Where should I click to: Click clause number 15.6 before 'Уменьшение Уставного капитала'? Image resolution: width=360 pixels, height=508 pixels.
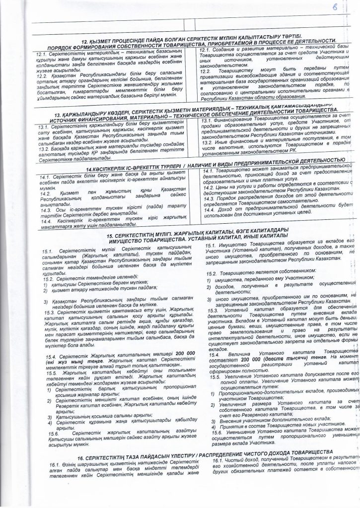click(x=212, y=446)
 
